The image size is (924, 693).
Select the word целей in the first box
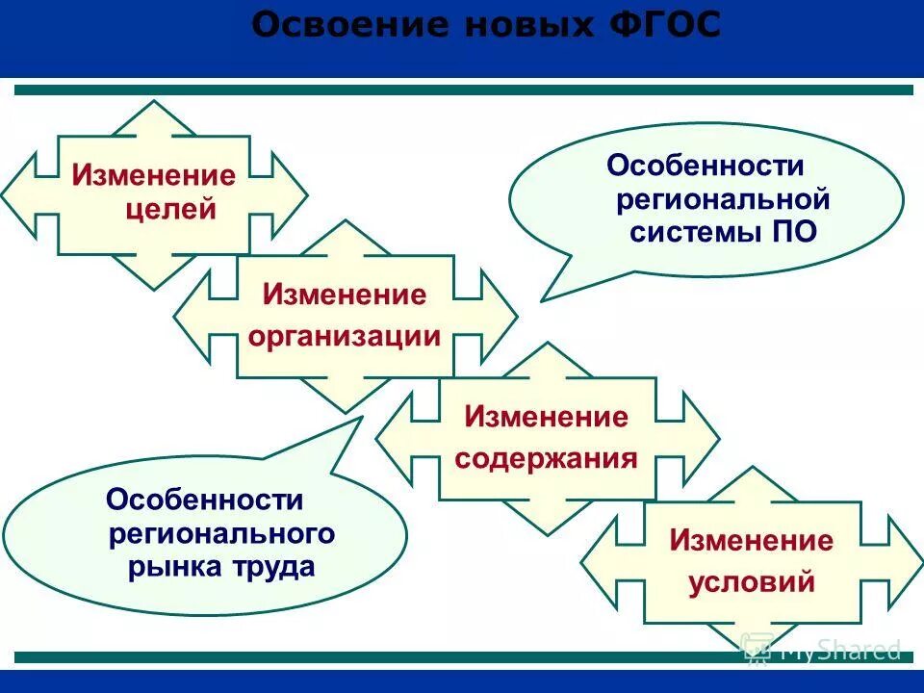click(x=171, y=209)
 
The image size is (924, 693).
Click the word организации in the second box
click(x=345, y=336)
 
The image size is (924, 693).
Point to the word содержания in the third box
click(x=546, y=457)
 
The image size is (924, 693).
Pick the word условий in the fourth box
click(x=752, y=581)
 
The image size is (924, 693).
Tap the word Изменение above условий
click(x=752, y=540)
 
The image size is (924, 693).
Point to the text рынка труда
click(x=221, y=567)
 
